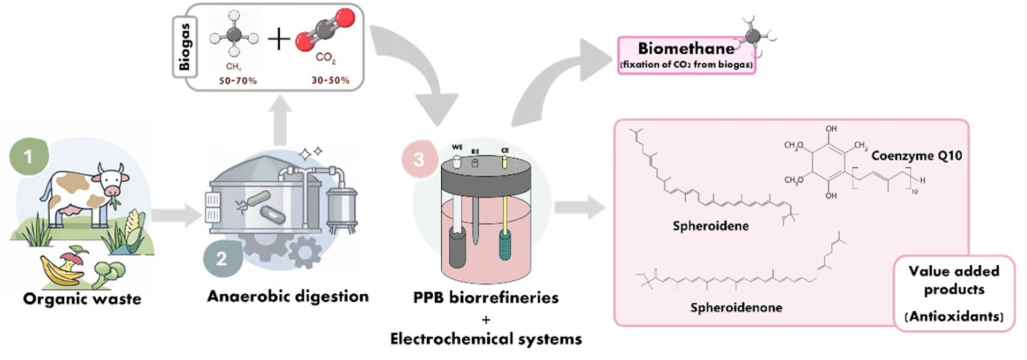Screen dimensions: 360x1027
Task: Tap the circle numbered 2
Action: [221, 259]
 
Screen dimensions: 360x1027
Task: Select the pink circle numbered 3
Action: [419, 159]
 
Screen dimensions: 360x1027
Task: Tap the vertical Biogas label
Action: [185, 47]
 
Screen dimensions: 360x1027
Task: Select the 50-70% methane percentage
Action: [237, 80]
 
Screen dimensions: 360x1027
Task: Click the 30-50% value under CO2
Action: [330, 80]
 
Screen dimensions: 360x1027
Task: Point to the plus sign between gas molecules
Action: [279, 39]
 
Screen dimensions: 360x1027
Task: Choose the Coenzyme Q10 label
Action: [916, 156]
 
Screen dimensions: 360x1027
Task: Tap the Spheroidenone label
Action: [736, 308]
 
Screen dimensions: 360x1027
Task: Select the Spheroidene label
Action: [710, 226]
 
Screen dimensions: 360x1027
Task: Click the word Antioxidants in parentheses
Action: [954, 316]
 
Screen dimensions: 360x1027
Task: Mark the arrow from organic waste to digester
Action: [176, 215]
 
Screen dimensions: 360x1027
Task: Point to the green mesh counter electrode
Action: [504, 246]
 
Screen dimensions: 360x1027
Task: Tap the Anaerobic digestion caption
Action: [288, 296]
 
